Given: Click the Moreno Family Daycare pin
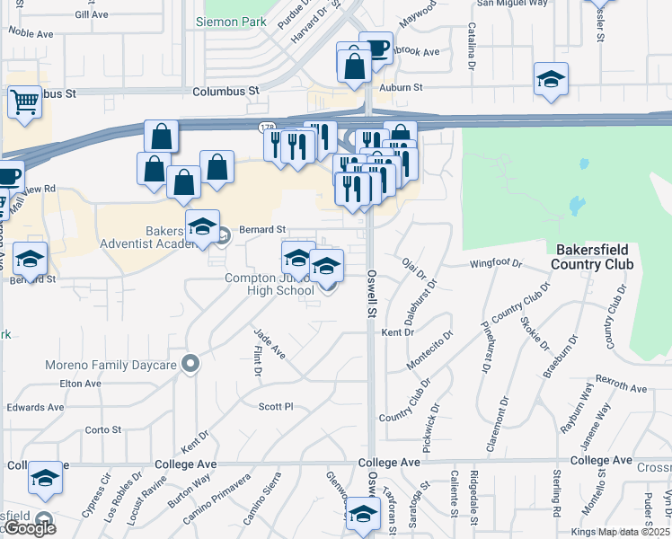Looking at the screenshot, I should [190, 365].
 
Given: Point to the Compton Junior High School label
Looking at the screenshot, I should [270, 284].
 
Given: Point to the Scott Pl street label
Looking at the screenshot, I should [276, 407].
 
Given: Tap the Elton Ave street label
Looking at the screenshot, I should [82, 384].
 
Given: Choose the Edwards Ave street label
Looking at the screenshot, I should [35, 407].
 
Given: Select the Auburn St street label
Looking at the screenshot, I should [401, 87].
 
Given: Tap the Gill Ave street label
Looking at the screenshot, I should [92, 15].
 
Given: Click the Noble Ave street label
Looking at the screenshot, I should [31, 31].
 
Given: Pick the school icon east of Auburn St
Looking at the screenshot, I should [551, 79].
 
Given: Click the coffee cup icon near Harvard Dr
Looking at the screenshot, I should [376, 48].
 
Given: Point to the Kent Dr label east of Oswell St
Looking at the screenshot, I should [397, 332].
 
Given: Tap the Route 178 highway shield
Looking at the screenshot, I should [267, 128].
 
